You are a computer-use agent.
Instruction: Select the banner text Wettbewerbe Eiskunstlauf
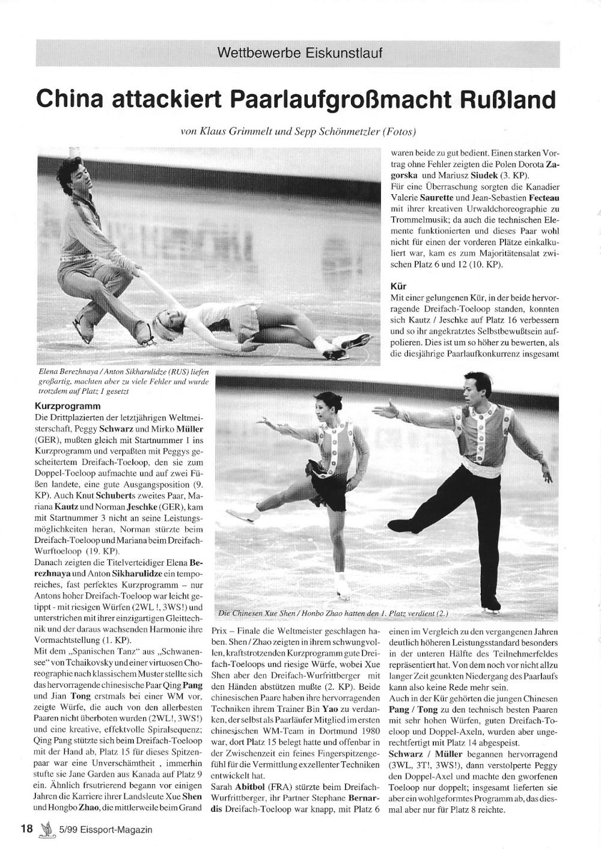300,53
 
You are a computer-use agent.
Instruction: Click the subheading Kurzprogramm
66,406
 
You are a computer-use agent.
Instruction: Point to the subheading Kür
398,286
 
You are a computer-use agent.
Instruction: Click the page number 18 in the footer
27,829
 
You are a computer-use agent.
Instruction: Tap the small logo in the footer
43,829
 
